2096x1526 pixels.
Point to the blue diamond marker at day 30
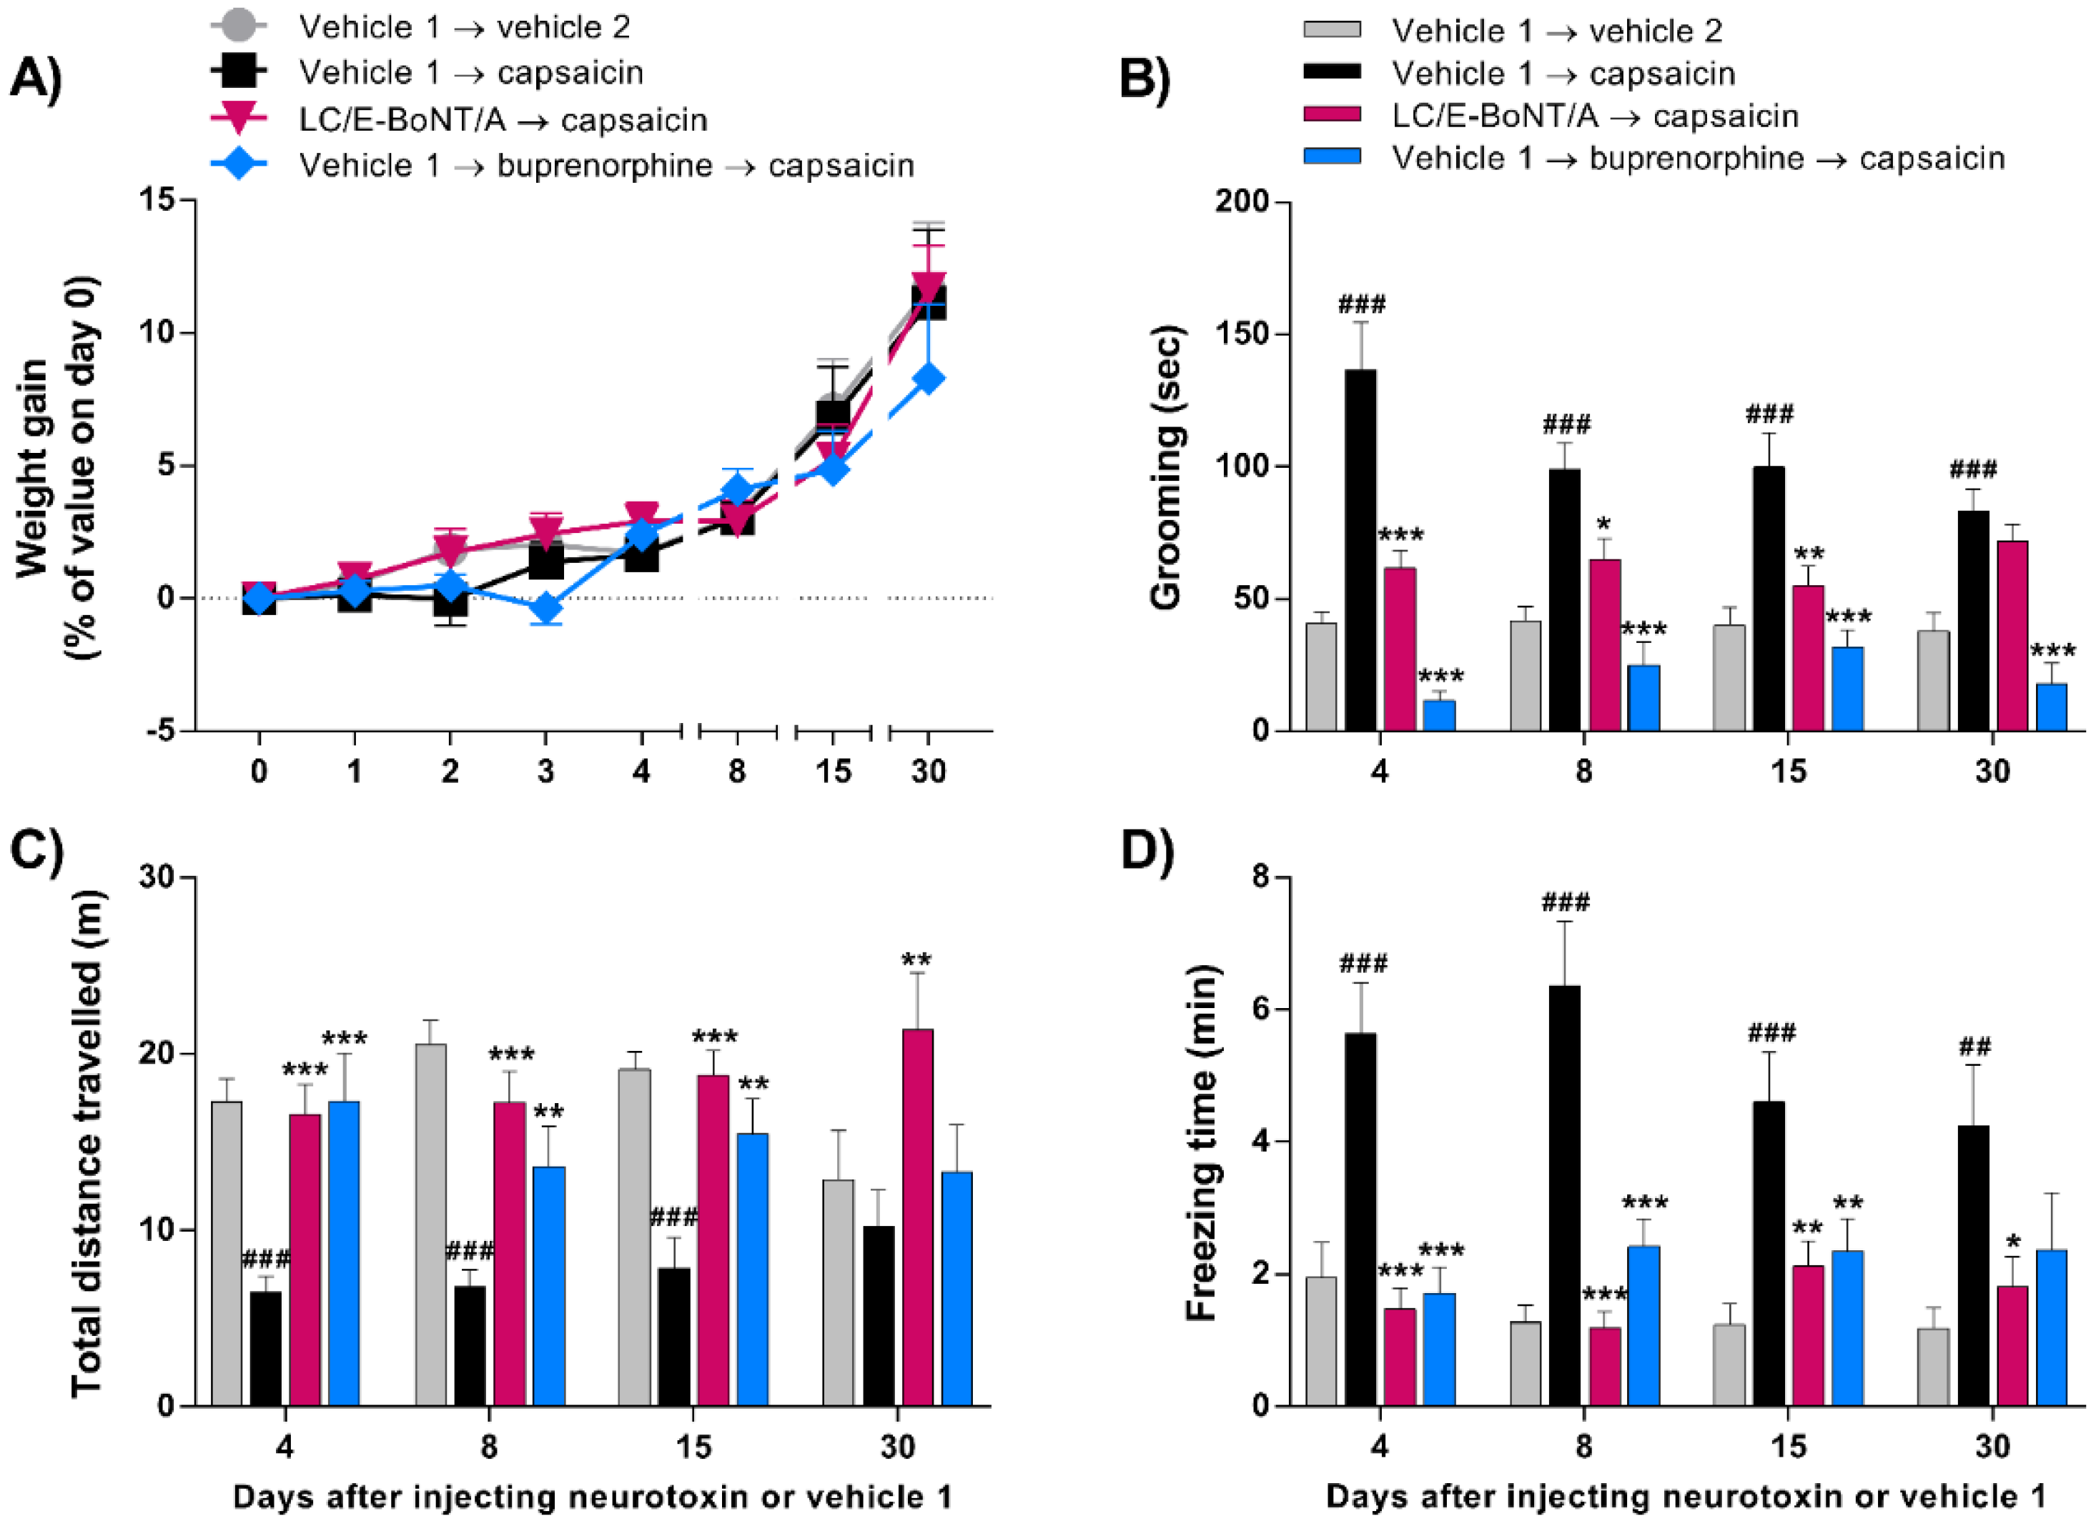tap(928, 379)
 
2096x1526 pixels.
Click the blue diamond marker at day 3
tap(546, 609)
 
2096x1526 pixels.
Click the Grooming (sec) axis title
tap(1166, 467)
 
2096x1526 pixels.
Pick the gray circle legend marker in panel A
tap(239, 26)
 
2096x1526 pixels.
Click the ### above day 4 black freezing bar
tap(1363, 964)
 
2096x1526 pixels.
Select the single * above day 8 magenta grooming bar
tap(1603, 526)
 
